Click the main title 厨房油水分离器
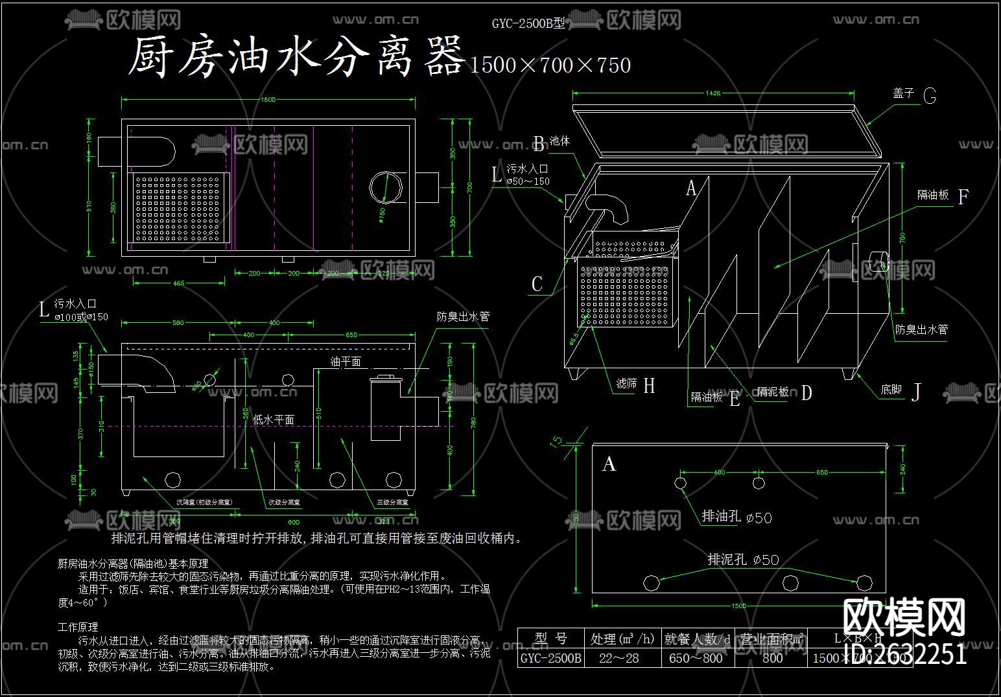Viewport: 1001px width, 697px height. pyautogui.click(x=296, y=57)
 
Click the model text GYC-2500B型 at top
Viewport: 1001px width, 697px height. pyautogui.click(x=528, y=24)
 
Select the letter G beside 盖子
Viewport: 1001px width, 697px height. pyautogui.click(x=929, y=97)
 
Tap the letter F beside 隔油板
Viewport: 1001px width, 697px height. pyautogui.click(x=963, y=197)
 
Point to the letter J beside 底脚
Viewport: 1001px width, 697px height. pyautogui.click(x=916, y=392)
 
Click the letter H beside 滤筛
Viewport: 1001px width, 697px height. pyautogui.click(x=649, y=386)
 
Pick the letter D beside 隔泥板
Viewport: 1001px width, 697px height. pyautogui.click(x=806, y=393)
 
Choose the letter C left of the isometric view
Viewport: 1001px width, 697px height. pyautogui.click(x=537, y=284)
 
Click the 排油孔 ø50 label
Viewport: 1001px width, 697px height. pyautogui.click(x=737, y=517)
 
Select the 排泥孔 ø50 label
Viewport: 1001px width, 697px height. pyautogui.click(x=743, y=559)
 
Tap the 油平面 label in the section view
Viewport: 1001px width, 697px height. pyautogui.click(x=346, y=362)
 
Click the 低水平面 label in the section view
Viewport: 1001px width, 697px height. pyautogui.click(x=273, y=419)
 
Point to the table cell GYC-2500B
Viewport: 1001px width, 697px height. pyautogui.click(x=551, y=658)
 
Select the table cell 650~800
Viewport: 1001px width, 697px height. pyautogui.click(x=695, y=658)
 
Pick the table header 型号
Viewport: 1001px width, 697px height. pyautogui.click(x=551, y=639)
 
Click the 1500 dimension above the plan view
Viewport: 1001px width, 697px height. pyautogui.click(x=268, y=99)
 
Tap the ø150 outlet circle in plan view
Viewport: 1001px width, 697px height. pyautogui.click(x=386, y=187)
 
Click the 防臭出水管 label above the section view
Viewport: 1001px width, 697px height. pyautogui.click(x=463, y=317)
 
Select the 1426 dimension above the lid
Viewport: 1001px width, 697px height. pyautogui.click(x=712, y=93)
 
